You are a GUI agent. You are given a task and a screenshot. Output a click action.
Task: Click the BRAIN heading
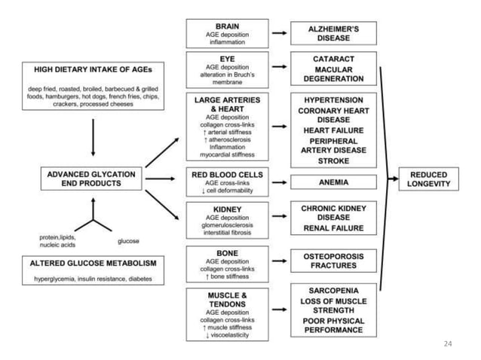click(x=227, y=26)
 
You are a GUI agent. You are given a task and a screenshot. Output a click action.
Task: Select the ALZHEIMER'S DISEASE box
click(x=333, y=33)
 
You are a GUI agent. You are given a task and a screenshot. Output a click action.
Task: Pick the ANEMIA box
click(x=333, y=182)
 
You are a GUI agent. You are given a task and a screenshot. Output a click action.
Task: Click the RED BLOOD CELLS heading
click(x=227, y=174)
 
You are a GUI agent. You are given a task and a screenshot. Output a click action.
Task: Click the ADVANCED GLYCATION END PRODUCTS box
click(x=91, y=179)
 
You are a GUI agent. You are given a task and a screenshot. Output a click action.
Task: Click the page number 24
click(x=448, y=343)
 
